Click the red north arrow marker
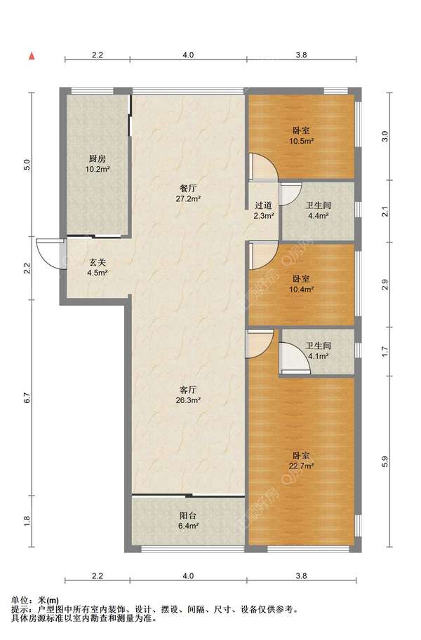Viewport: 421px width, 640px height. (x=31, y=56)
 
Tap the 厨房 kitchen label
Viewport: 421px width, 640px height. (x=98, y=158)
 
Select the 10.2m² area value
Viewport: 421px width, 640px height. (x=98, y=169)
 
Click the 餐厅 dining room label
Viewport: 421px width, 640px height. (x=188, y=189)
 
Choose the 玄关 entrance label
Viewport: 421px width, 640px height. (x=98, y=262)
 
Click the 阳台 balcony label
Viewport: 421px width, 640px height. (x=188, y=515)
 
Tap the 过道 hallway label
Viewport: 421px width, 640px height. (x=263, y=205)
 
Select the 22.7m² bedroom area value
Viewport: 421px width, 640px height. (x=302, y=465)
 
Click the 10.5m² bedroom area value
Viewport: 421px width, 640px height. (x=302, y=141)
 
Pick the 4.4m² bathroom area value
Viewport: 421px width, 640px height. (x=318, y=216)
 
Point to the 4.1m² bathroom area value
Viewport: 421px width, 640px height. (x=318, y=356)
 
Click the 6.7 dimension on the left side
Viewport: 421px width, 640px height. (x=27, y=398)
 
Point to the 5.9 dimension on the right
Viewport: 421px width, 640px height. (x=385, y=462)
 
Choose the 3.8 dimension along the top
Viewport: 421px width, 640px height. (x=301, y=55)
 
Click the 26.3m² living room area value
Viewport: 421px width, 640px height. (x=188, y=400)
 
